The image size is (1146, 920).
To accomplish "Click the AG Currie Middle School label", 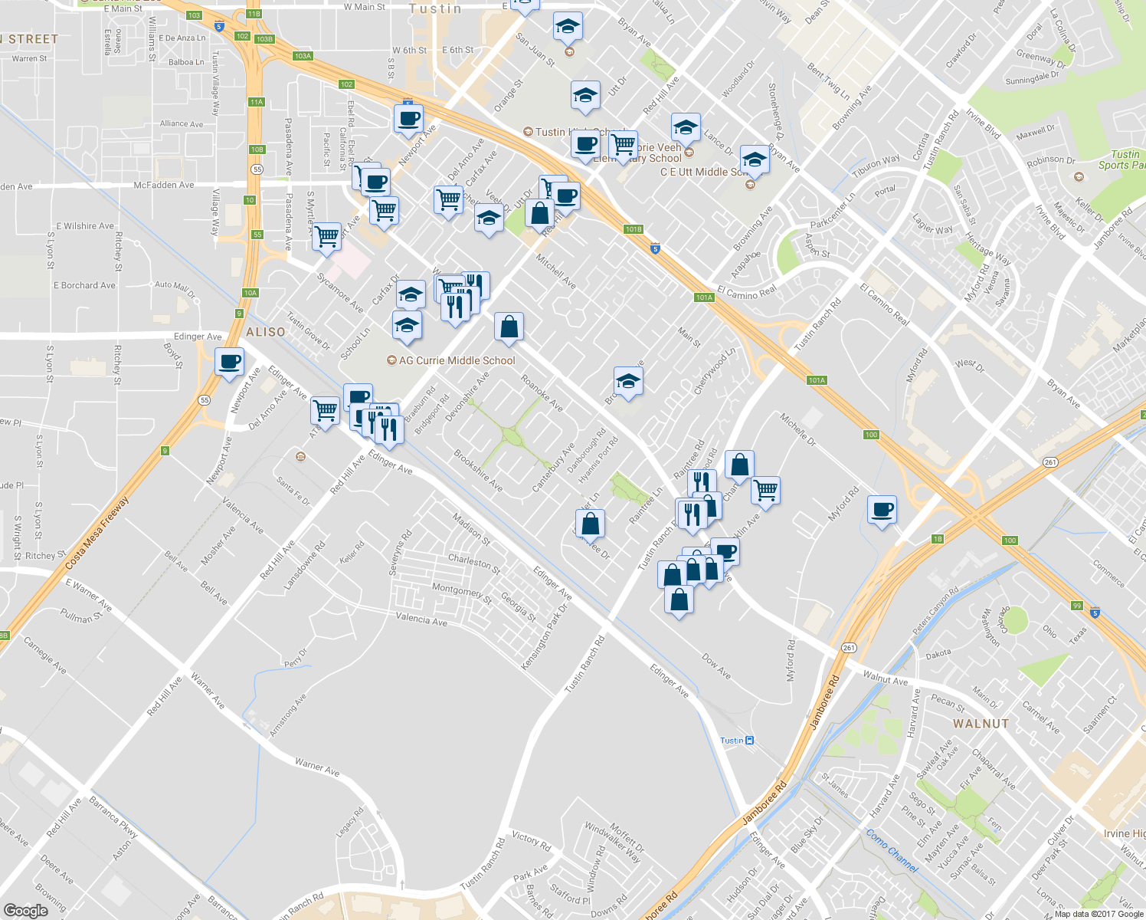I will pos(457,360).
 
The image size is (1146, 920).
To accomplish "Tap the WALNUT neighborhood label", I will pos(981,724).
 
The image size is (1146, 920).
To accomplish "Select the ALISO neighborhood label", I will pos(266,332).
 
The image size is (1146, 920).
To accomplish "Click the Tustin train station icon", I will pos(749,740).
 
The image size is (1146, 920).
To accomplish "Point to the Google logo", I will pos(26,910).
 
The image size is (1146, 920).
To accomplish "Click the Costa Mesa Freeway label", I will pos(97,534).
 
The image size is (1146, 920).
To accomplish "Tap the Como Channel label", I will pos(892,849).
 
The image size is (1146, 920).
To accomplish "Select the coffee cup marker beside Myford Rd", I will pos(882,509).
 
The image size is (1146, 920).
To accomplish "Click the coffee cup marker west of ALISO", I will pos(229,362).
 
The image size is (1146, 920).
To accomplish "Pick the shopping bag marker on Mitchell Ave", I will pos(509,327).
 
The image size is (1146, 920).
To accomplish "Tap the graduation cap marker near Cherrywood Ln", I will pos(628,382).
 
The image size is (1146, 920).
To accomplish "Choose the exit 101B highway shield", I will pos(633,229).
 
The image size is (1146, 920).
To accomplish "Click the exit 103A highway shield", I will pos(303,56).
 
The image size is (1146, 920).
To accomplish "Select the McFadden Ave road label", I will pos(164,185).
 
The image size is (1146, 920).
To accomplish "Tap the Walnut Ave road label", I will pos(885,679).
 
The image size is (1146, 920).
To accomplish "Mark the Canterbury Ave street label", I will pos(553,468).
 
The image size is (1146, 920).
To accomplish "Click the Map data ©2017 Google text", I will pos(1099,914).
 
